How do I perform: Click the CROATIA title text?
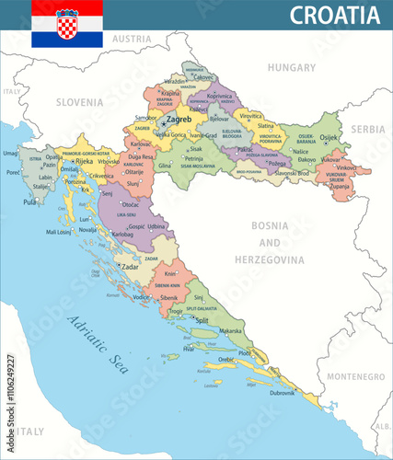(335, 16)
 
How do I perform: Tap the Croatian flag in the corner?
(67, 23)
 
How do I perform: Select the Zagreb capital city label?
(179, 120)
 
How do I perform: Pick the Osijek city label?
(329, 138)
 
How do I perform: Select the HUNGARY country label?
(291, 67)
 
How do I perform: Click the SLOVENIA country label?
(78, 102)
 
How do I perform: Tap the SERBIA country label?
(368, 130)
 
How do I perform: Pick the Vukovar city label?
(330, 159)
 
